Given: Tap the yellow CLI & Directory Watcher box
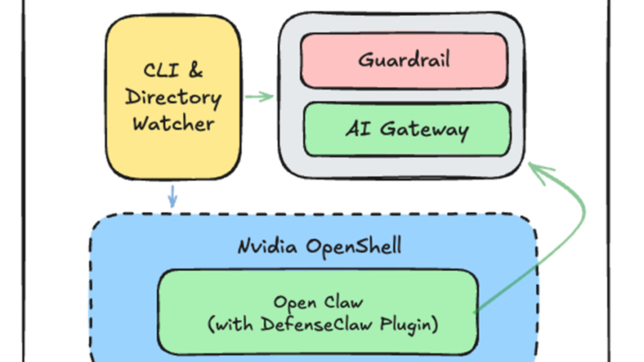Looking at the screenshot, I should tap(173, 97).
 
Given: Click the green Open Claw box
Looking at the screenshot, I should tap(318, 313).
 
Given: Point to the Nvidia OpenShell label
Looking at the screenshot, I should tap(319, 246).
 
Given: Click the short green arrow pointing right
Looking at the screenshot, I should tap(259, 97).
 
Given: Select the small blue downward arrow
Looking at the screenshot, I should tap(172, 196).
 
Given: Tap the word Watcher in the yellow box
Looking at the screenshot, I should tap(173, 124).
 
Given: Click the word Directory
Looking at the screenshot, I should tap(173, 98).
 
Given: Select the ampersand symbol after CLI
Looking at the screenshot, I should tap(195, 71).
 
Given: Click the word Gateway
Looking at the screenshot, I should tap(425, 129).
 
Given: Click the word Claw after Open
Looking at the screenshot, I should tap(343, 302).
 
